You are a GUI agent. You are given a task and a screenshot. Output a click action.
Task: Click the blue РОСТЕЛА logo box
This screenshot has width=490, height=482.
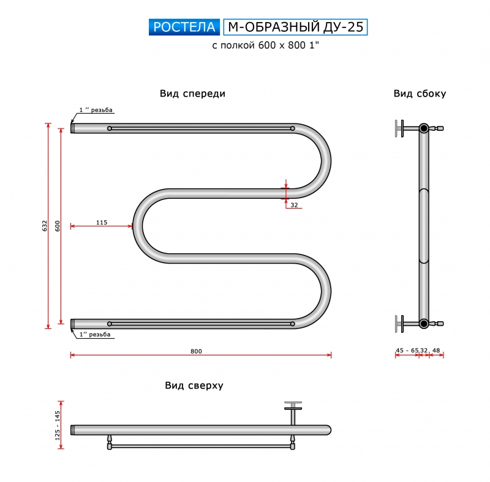(184, 27)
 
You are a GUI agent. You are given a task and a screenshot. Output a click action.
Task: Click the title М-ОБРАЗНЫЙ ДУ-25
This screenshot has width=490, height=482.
(295, 27)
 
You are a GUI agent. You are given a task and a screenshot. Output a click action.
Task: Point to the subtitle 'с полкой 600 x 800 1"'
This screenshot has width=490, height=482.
(266, 46)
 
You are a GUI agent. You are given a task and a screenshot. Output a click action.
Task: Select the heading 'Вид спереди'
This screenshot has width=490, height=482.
(192, 94)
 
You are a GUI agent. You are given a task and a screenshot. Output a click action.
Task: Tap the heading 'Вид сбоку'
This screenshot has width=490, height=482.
(420, 94)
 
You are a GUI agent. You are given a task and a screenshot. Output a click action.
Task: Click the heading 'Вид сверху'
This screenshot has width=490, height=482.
(194, 386)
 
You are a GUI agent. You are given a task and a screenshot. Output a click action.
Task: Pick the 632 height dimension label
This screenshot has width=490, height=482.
(45, 226)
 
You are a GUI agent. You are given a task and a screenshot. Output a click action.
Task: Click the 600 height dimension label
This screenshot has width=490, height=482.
(58, 226)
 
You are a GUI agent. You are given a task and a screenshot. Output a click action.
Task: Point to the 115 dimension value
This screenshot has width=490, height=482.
(102, 222)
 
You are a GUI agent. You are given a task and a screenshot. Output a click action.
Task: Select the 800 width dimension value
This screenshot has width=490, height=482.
(196, 351)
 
